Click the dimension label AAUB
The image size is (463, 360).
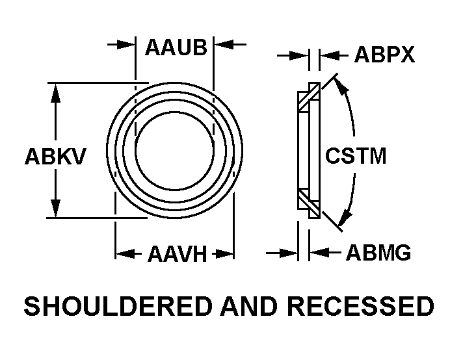[x=176, y=47]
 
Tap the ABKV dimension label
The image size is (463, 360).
[x=55, y=157]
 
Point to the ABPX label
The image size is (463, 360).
[x=384, y=55]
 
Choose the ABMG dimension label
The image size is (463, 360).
[x=378, y=253]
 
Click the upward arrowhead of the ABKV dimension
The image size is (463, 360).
[x=56, y=91]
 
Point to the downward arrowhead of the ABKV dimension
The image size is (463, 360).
[x=56, y=209]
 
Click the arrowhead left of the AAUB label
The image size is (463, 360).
[x=127, y=45]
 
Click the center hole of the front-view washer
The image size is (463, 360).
[x=174, y=149]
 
